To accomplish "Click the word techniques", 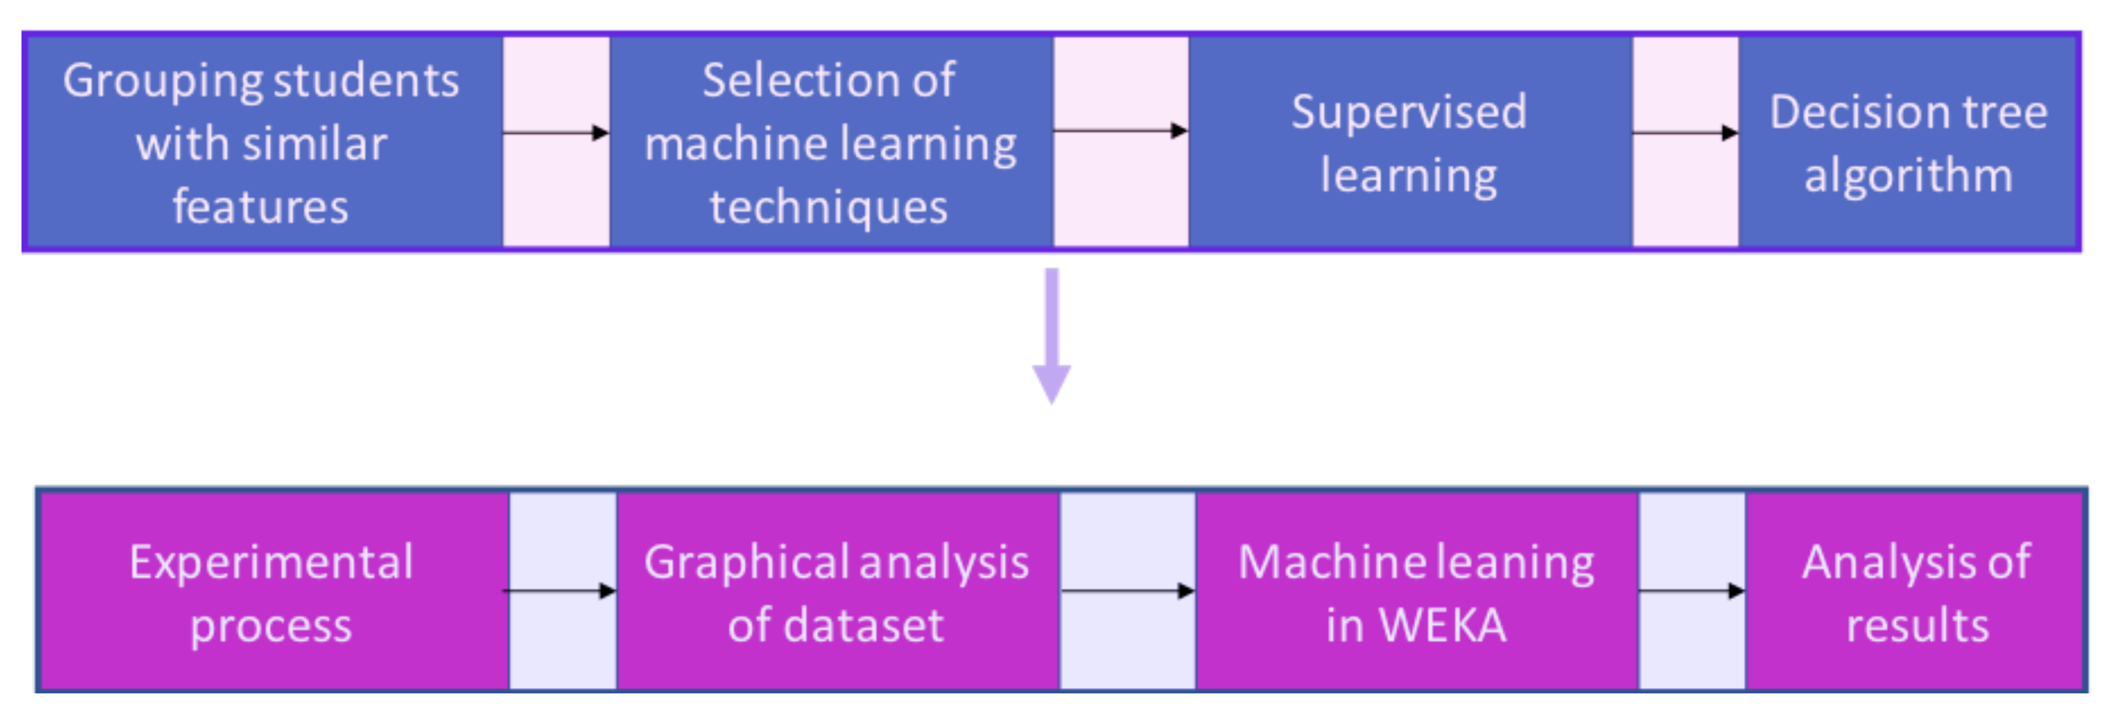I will tap(828, 207).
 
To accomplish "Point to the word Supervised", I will tap(1408, 112).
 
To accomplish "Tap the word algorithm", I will tap(1908, 176).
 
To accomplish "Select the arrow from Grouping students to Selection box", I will tap(556, 132).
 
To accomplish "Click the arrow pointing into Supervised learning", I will tap(1120, 129).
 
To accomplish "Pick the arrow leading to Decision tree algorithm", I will tap(1685, 132).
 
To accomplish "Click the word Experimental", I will tap(271, 562).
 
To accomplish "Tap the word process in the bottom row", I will tap(271, 626).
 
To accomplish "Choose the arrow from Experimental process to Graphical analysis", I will tap(559, 590).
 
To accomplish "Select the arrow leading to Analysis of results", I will tap(1691, 590).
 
